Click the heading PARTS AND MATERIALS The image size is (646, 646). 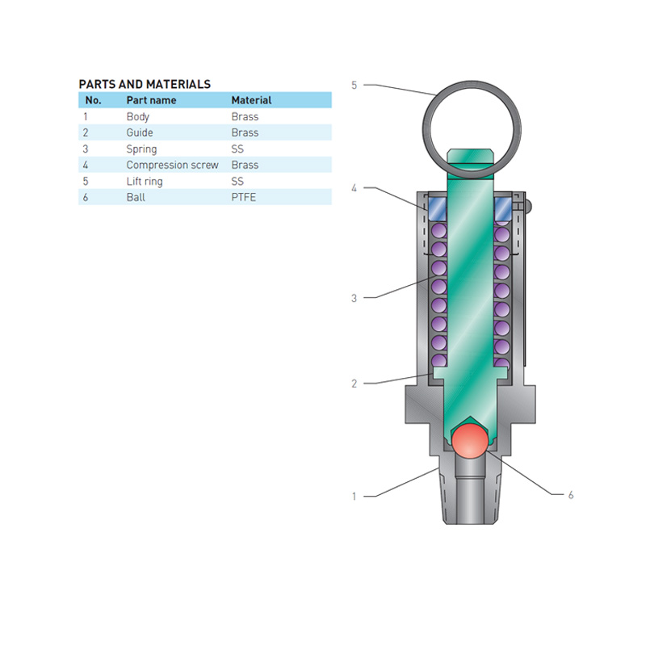pos(145,84)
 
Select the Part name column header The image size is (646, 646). pos(151,100)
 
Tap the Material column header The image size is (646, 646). pos(251,100)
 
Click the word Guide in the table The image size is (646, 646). pos(140,132)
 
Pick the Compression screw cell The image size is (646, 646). pos(172,165)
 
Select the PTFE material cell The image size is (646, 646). pos(243,197)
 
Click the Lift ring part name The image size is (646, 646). pos(145,181)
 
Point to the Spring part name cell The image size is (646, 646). pos(141,149)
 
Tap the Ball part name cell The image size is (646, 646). pos(136,197)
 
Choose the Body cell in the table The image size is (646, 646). pos(138,116)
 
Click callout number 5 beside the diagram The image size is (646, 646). pos(354,85)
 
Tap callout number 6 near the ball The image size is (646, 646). pos(570,494)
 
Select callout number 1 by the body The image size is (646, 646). pos(354,497)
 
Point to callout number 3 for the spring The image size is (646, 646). pos(354,298)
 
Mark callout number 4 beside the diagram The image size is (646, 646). pos(354,188)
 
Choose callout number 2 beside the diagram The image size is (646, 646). pos(354,384)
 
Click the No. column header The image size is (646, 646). pos(93,100)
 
